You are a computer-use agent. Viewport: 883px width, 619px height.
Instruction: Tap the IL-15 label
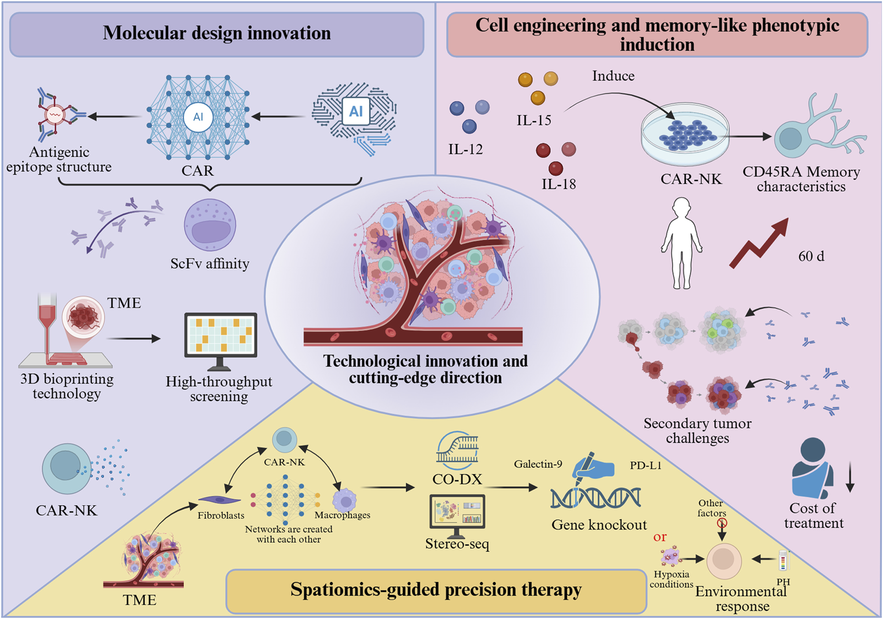point(534,120)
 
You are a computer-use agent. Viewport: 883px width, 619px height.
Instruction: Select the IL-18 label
point(559,184)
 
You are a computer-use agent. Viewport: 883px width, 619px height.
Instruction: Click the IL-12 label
point(465,149)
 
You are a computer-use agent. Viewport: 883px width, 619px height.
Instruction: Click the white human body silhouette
point(681,243)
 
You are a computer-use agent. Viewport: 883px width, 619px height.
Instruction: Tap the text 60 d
point(811,256)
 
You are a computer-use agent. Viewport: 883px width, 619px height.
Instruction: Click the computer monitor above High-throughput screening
point(221,339)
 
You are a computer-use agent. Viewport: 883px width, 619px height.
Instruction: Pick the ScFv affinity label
point(210,263)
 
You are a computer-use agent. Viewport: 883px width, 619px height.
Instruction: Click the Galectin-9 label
point(538,464)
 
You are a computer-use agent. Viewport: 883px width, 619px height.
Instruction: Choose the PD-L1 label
point(645,465)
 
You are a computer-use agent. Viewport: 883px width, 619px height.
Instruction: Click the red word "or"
point(660,537)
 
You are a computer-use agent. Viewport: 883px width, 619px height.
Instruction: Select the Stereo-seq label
point(457,544)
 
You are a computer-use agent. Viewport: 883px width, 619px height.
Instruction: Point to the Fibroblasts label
point(221,515)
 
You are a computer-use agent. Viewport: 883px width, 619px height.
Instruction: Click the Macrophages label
point(342,515)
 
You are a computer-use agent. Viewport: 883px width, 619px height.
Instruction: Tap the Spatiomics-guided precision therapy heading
point(436,590)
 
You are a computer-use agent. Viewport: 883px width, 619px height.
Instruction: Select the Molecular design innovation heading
point(217,33)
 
